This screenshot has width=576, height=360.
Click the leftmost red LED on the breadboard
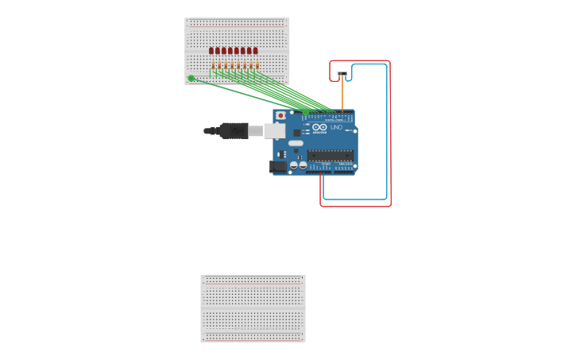[x=211, y=51]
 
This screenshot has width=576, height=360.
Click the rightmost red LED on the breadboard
[x=255, y=51]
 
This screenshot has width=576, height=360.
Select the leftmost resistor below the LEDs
[x=213, y=66]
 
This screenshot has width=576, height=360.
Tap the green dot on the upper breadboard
[x=191, y=78]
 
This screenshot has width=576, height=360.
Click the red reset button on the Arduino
[x=280, y=115]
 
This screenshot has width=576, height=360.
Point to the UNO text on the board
[x=336, y=127]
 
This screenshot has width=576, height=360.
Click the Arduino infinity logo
[x=319, y=127]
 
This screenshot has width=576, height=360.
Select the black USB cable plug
[x=234, y=130]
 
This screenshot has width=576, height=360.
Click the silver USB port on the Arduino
[x=275, y=130]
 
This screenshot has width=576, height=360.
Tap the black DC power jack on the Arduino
[x=278, y=166]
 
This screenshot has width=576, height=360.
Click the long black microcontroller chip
[x=330, y=155]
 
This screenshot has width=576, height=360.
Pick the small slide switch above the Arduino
[x=342, y=74]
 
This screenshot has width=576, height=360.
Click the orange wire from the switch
[x=342, y=94]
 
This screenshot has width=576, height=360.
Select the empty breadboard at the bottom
[x=253, y=308]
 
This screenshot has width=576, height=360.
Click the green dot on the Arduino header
[x=304, y=113]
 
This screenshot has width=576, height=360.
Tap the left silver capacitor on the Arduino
[x=293, y=165]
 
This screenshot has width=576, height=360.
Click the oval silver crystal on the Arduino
[x=296, y=144]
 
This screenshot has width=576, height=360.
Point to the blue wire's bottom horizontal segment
[x=355, y=199]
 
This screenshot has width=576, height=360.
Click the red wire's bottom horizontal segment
[x=355, y=206]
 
